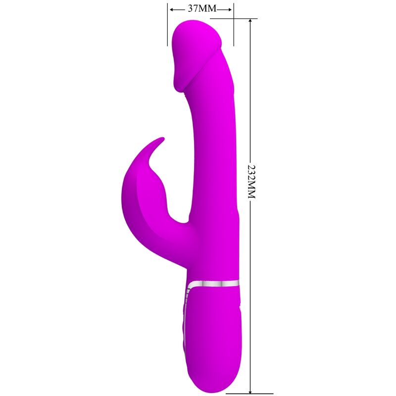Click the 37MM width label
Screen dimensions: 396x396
[200, 9]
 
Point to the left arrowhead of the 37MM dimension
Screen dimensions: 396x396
[171, 9]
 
